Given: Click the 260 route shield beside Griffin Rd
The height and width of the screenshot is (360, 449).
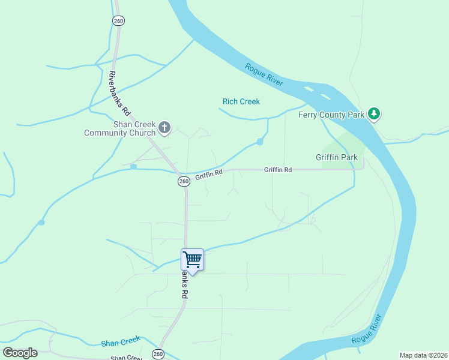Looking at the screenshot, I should (x=184, y=181).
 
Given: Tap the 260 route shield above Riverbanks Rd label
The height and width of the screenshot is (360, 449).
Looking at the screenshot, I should (x=118, y=20).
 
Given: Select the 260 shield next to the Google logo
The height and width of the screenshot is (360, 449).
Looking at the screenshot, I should (x=157, y=353).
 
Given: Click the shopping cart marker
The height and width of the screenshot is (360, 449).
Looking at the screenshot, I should (x=192, y=260).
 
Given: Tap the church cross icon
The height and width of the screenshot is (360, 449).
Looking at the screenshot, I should (x=164, y=127).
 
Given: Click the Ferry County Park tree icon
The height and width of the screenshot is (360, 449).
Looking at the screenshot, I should (x=375, y=113).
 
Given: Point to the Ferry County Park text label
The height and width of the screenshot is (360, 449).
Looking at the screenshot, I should (x=332, y=114).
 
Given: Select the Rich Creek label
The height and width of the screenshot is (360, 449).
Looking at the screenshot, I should (x=241, y=101).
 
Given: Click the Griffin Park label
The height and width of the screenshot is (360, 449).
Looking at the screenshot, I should (x=337, y=158).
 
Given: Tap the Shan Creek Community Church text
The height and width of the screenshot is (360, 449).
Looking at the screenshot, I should (x=119, y=128).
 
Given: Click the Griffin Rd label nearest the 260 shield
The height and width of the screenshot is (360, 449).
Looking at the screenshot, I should (x=209, y=174).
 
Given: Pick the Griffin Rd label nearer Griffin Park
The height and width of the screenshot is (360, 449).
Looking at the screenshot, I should (x=278, y=170).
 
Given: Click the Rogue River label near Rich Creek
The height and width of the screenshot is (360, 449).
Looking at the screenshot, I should (x=264, y=75).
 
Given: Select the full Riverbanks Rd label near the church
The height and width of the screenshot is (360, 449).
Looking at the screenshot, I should (x=119, y=94).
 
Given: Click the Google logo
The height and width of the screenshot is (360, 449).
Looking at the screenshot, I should (x=20, y=353).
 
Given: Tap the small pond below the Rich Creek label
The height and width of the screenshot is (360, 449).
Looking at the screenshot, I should (x=260, y=142).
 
